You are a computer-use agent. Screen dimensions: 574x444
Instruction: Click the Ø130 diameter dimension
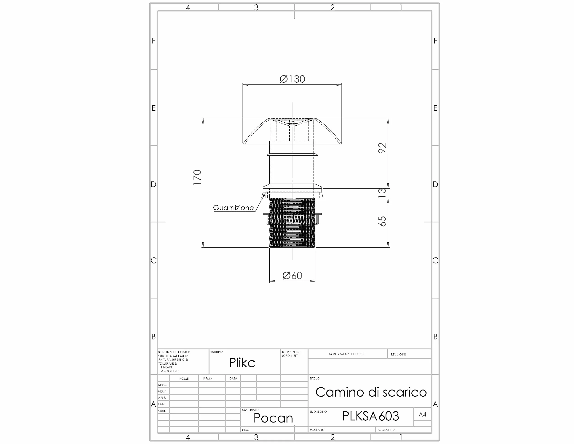coord(292,79)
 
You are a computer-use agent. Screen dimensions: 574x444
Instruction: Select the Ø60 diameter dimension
coord(292,275)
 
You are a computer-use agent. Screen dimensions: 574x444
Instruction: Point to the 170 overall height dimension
coord(197,178)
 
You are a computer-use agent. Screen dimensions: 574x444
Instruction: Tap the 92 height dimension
coord(382,148)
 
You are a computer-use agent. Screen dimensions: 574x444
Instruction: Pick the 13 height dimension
coord(382,193)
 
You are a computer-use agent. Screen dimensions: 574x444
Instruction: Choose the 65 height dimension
coord(382,221)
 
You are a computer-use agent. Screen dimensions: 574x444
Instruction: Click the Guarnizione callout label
coord(233,208)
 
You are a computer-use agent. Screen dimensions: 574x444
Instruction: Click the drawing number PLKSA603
coord(370,416)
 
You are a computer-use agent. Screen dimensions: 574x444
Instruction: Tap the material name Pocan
coord(273,418)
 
